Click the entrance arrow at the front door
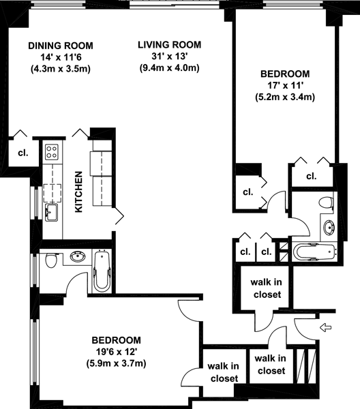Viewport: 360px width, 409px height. (326, 327)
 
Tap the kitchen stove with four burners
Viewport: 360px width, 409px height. (52, 152)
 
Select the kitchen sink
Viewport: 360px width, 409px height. (51, 212)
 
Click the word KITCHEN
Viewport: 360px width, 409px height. (78, 192)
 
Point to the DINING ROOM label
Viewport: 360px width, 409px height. (61, 46)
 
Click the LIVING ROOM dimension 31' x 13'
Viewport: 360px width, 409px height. (170, 56)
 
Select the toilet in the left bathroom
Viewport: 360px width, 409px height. (51, 260)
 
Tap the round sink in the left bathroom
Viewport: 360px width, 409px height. (78, 256)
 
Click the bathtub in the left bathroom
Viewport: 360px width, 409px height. (102, 271)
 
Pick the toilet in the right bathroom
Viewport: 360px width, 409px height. (326, 202)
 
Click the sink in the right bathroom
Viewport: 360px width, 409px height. (329, 227)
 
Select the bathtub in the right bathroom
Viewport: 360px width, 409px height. (314, 252)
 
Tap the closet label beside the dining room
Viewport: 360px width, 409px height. (23, 153)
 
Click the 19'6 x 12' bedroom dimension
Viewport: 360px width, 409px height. (117, 352)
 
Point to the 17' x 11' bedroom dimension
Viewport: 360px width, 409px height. (285, 85)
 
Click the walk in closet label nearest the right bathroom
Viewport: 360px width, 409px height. (267, 288)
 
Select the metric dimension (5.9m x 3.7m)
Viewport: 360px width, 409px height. (116, 363)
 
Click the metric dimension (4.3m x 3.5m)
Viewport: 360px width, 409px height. (61, 69)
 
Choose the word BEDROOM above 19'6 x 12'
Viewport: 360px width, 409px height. (117, 340)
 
